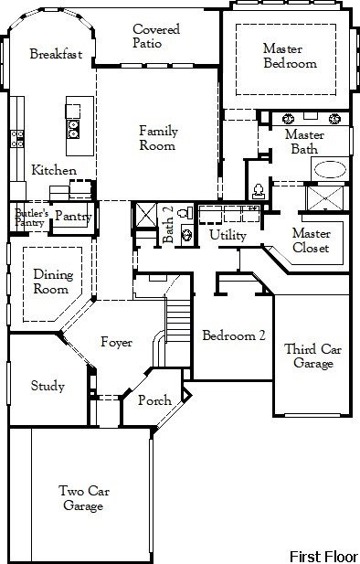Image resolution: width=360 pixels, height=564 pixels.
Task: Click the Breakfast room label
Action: (56, 54)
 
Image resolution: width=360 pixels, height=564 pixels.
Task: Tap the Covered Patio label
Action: (156, 37)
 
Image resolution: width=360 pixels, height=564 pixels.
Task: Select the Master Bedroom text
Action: (290, 56)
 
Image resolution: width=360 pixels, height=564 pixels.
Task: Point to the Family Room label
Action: (158, 139)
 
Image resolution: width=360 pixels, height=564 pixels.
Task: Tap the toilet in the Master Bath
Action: (259, 190)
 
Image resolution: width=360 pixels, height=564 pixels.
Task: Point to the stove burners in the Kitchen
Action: (16, 138)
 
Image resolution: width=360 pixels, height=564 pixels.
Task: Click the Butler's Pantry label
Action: (28, 217)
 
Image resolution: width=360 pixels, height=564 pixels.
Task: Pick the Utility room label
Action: (227, 236)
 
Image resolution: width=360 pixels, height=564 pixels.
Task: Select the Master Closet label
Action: (311, 240)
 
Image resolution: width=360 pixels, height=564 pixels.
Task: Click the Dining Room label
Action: (52, 281)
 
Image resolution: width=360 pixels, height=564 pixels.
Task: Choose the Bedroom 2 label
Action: (233, 335)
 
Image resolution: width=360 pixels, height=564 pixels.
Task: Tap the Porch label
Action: (154, 401)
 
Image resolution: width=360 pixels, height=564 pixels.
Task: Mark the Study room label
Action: (48, 386)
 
